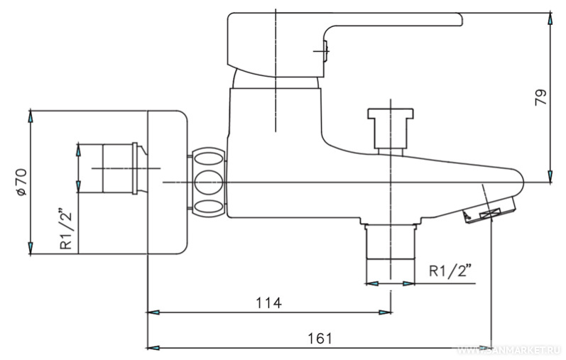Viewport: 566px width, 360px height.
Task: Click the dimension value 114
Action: click(268, 302)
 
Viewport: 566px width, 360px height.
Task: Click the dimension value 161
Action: click(320, 338)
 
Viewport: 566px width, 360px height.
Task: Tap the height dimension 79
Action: click(540, 97)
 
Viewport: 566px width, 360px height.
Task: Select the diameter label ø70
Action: click(21, 182)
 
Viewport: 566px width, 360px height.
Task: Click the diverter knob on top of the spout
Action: click(390, 128)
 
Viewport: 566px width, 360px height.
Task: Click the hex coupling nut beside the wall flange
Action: click(207, 182)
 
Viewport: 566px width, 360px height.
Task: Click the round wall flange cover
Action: click(166, 182)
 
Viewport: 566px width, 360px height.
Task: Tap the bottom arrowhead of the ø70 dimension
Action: click(31, 248)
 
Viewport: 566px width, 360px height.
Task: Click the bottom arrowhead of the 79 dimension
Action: click(550, 177)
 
